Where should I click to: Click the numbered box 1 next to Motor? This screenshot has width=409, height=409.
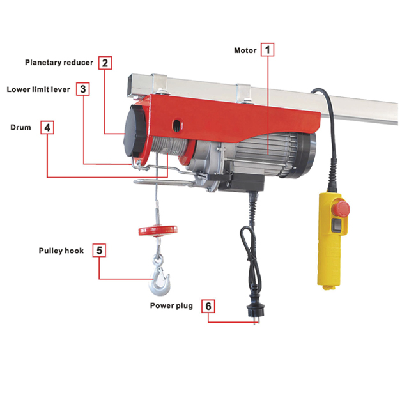(x=267, y=50)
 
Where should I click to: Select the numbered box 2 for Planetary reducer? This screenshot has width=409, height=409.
(x=105, y=63)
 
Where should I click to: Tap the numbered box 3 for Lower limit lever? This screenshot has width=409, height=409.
(x=83, y=89)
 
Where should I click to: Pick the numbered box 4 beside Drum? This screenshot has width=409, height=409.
(x=47, y=128)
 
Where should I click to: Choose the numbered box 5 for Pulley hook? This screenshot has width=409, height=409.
(x=99, y=251)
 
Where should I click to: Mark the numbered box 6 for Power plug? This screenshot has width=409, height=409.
(x=208, y=306)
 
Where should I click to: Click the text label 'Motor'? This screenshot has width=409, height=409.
(x=245, y=50)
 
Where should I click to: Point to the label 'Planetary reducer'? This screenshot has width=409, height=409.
(x=59, y=63)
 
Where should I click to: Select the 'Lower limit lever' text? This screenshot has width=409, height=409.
(x=38, y=89)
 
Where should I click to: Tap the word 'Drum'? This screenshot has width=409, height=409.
(x=20, y=127)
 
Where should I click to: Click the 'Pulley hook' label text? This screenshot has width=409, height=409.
(x=61, y=251)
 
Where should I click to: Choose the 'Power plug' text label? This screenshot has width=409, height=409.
(x=171, y=305)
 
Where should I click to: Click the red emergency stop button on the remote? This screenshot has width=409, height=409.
(x=341, y=208)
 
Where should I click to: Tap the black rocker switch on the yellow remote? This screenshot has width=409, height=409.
(x=336, y=225)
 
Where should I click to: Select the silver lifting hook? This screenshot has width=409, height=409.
(x=159, y=277)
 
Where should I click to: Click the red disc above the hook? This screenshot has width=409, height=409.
(x=158, y=230)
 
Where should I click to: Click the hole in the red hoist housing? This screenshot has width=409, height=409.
(x=178, y=125)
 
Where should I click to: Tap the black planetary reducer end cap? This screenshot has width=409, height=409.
(x=134, y=130)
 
